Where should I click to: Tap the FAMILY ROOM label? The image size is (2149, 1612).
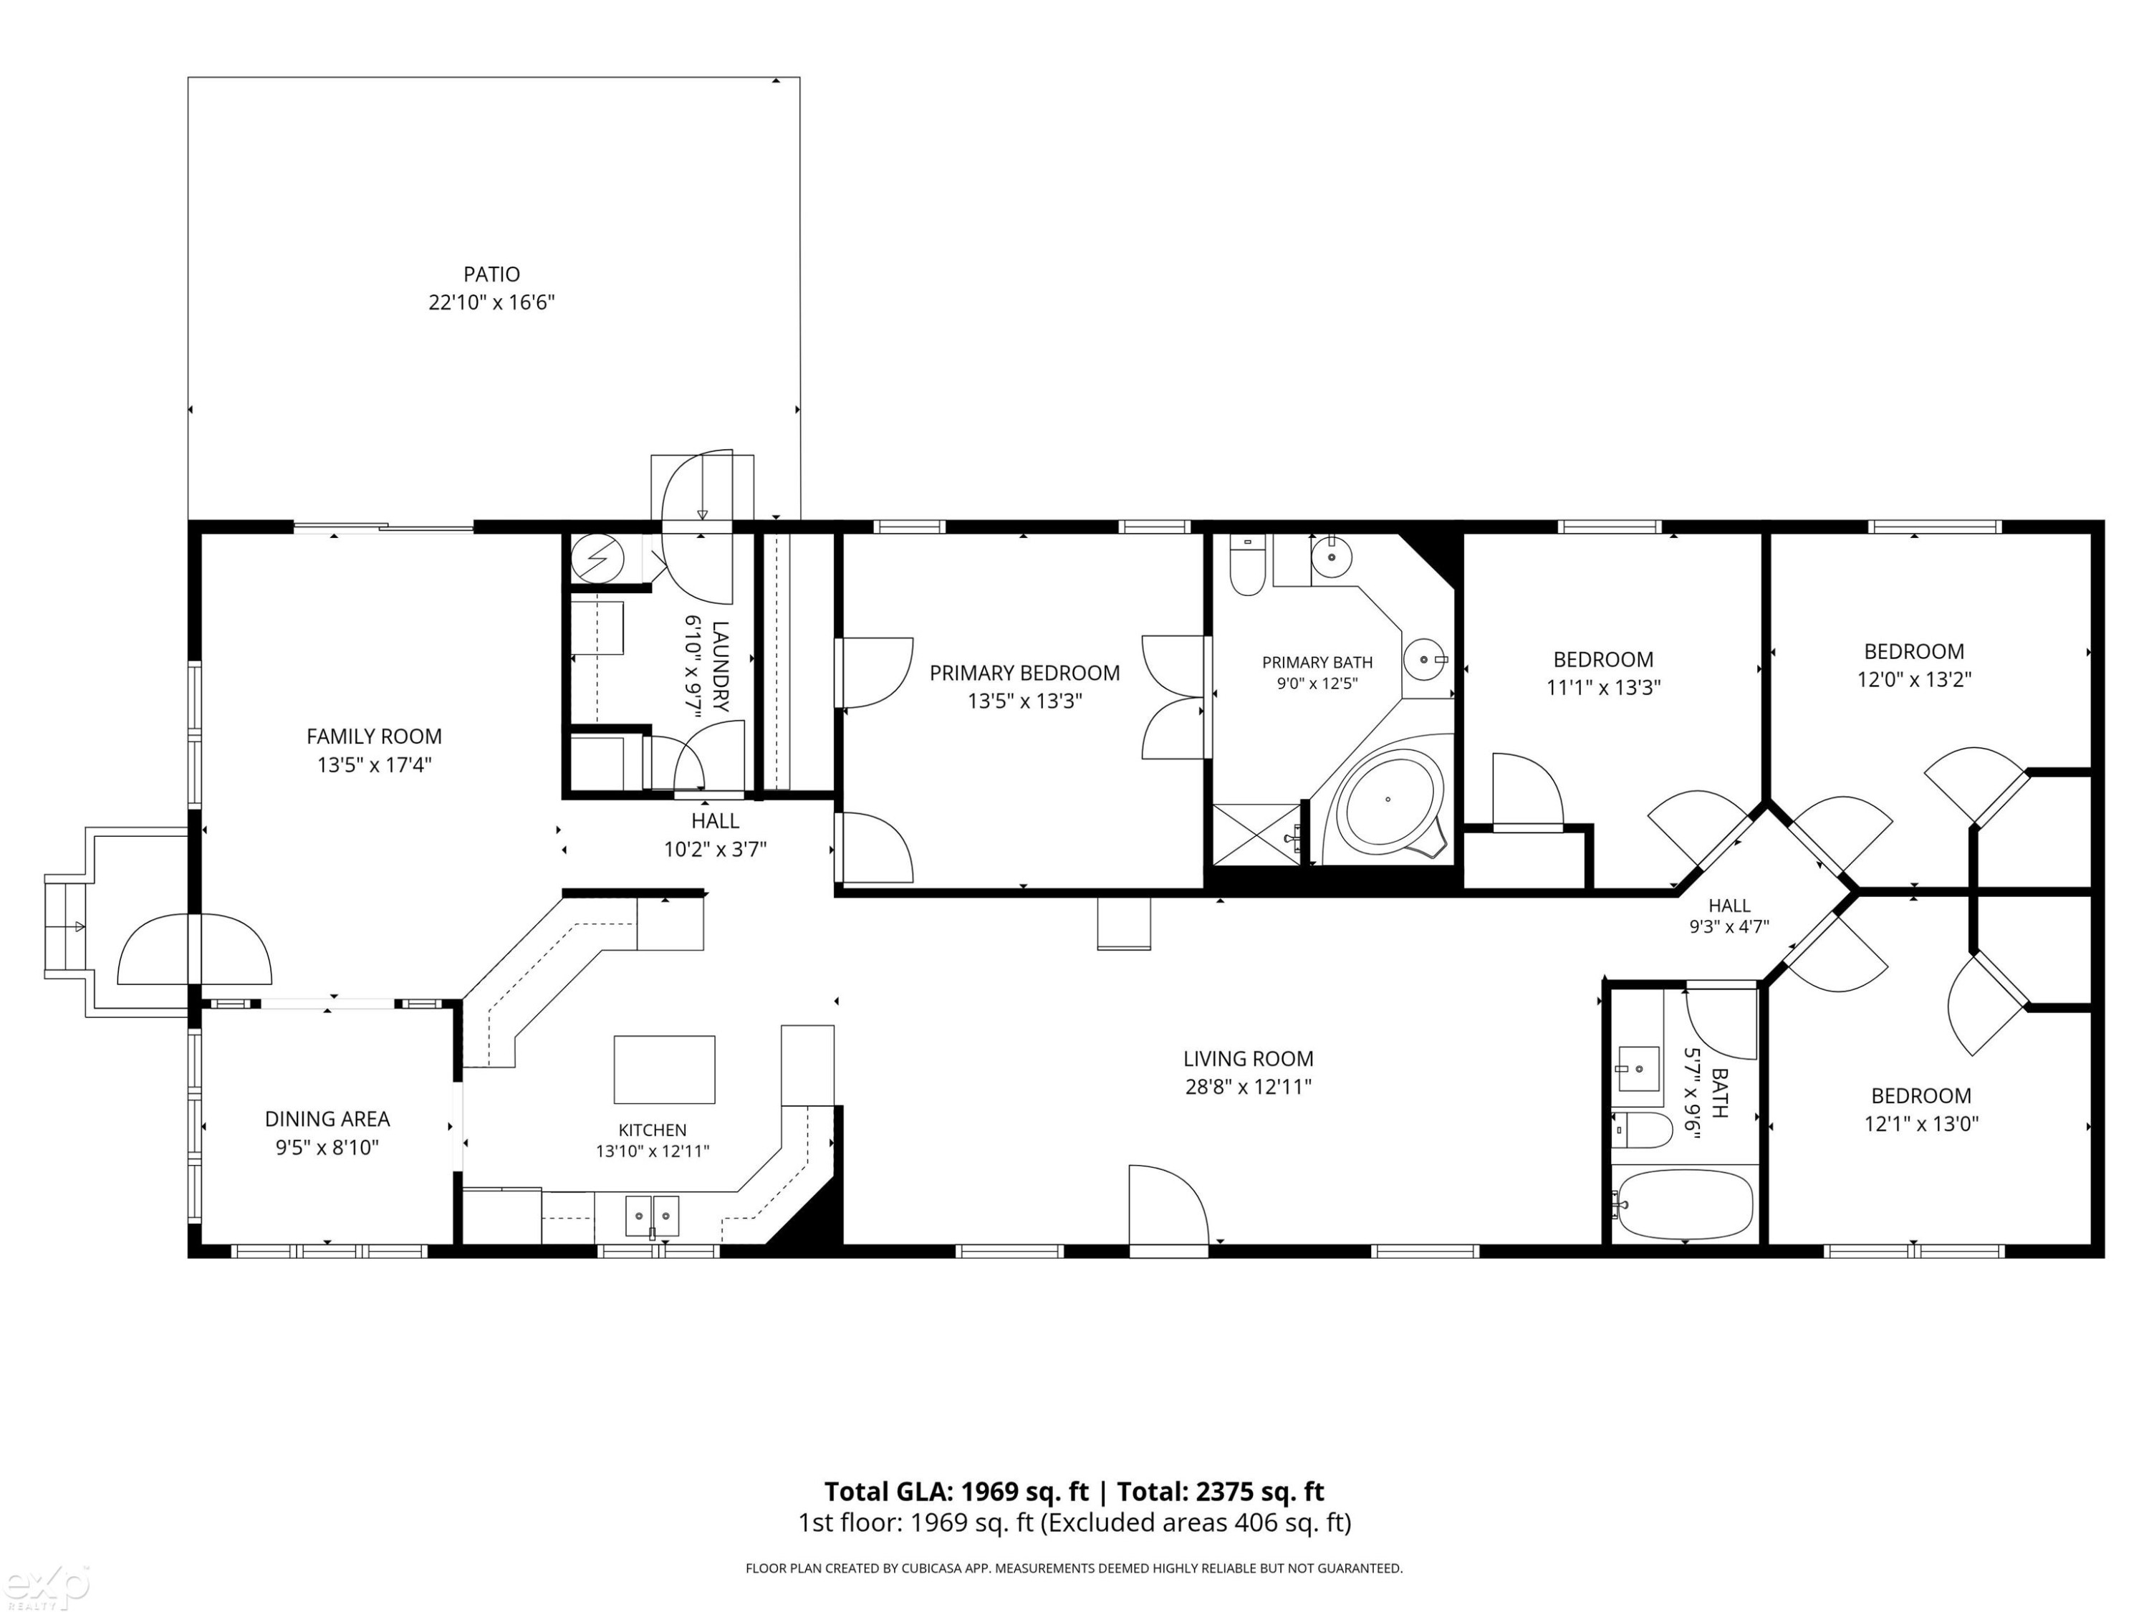click(374, 737)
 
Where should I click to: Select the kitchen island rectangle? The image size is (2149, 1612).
click(665, 1069)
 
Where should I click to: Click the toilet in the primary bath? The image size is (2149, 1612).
click(1246, 565)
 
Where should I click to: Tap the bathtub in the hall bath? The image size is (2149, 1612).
click(1683, 1205)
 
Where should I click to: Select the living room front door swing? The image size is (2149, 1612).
click(1168, 1205)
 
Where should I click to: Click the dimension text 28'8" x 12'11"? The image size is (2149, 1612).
click(1249, 1086)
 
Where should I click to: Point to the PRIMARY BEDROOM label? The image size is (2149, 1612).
click(1025, 673)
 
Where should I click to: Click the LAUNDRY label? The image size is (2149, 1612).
click(721, 666)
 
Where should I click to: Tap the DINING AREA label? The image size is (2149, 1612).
click(327, 1119)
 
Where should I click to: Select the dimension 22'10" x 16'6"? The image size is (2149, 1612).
click(491, 302)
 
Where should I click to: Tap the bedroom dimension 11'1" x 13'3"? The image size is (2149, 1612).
click(1603, 687)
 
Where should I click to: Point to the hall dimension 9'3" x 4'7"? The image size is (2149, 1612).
click(1729, 927)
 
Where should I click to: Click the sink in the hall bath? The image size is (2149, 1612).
click(1639, 1069)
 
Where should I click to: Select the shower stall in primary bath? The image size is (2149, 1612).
click(1257, 833)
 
